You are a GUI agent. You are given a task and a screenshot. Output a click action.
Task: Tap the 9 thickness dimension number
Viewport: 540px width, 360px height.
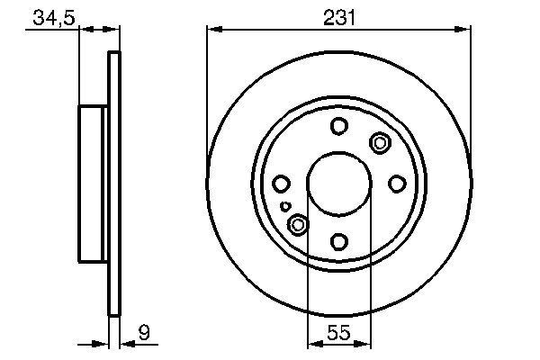(143, 333)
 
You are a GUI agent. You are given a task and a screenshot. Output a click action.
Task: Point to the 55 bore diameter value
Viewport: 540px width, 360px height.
(338, 333)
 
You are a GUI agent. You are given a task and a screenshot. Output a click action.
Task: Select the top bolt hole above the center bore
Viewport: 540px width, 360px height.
(338, 127)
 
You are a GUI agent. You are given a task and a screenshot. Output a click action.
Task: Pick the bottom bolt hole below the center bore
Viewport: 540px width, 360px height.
(338, 241)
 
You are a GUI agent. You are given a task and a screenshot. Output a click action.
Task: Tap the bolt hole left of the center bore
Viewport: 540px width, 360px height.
(281, 184)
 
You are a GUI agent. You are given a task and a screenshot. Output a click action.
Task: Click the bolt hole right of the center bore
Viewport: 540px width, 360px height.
(396, 184)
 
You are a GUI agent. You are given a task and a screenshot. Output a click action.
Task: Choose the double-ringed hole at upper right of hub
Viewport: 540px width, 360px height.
(379, 141)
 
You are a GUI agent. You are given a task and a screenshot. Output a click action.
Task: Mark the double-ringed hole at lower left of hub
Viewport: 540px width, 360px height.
(297, 225)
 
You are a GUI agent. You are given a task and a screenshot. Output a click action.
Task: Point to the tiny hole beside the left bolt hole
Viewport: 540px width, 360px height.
(285, 206)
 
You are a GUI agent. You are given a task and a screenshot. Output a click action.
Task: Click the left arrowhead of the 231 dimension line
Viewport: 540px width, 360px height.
(213, 30)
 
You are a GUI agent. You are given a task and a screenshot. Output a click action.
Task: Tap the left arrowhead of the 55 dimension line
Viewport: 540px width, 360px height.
(313, 343)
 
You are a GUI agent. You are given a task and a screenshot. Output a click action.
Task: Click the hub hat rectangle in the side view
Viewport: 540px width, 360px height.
(94, 184)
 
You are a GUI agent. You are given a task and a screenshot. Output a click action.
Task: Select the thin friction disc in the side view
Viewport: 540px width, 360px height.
(113, 184)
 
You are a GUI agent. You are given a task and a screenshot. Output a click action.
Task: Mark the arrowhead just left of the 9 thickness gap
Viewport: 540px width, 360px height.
(103, 343)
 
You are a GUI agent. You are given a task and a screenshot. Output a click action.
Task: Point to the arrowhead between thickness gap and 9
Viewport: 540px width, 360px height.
(125, 343)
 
